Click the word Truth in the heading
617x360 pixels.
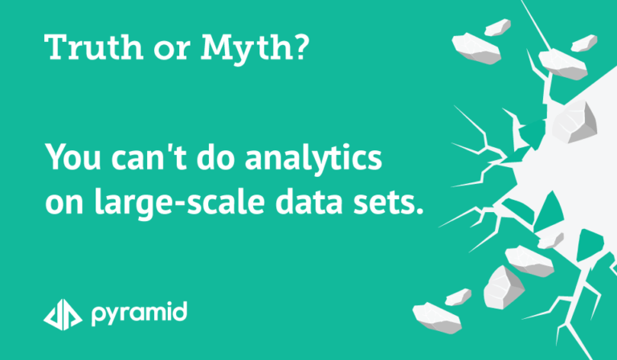point(93,47)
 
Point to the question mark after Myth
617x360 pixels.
point(300,47)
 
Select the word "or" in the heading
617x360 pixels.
point(172,51)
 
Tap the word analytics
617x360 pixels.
point(313,158)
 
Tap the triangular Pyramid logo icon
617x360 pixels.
point(63,314)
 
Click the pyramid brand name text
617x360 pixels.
point(139,314)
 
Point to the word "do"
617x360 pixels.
point(215,156)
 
